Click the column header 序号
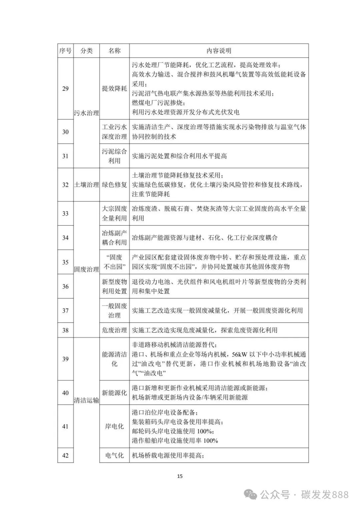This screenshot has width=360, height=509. pos(65,51)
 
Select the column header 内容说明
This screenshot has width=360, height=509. pos(219,51)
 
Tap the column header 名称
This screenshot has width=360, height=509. pos(114,51)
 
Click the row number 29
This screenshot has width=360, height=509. pos(65,89)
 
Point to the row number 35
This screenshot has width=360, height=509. pos(65,262)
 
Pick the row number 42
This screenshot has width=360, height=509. pos(65,455)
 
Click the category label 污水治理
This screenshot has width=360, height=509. pos(86,113)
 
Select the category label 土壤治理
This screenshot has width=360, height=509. pos(86,185)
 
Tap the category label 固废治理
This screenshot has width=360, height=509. pos(86,269)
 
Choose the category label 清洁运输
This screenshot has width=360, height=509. pos(86,400)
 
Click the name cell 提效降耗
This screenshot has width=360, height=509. pos(114,89)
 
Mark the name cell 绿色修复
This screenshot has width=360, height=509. pos(114,185)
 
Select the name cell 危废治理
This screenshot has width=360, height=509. pos(114,330)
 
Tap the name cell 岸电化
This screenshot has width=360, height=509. pos(114,426)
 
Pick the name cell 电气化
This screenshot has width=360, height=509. pos(114,455)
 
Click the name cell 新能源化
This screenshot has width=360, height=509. pos(114,393)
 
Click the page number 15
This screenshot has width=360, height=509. pos(180,476)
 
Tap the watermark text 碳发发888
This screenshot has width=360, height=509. pos(325,495)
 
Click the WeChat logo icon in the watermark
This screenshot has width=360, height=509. pos(251,495)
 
